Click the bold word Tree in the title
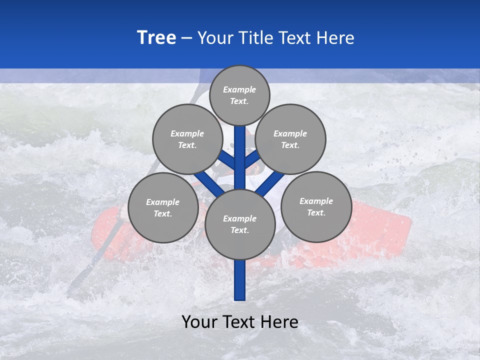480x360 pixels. tap(156, 37)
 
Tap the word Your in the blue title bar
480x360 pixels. tap(215, 37)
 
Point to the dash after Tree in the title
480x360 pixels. tap(186, 38)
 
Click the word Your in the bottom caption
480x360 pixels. tap(200, 321)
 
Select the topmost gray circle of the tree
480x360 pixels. tap(239, 95)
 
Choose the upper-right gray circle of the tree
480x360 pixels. tap(290, 139)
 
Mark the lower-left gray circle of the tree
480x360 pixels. tap(162, 207)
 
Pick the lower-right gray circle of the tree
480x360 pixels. tap(316, 206)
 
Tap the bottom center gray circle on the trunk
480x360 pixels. tap(239, 224)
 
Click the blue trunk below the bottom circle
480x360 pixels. tap(240, 280)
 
